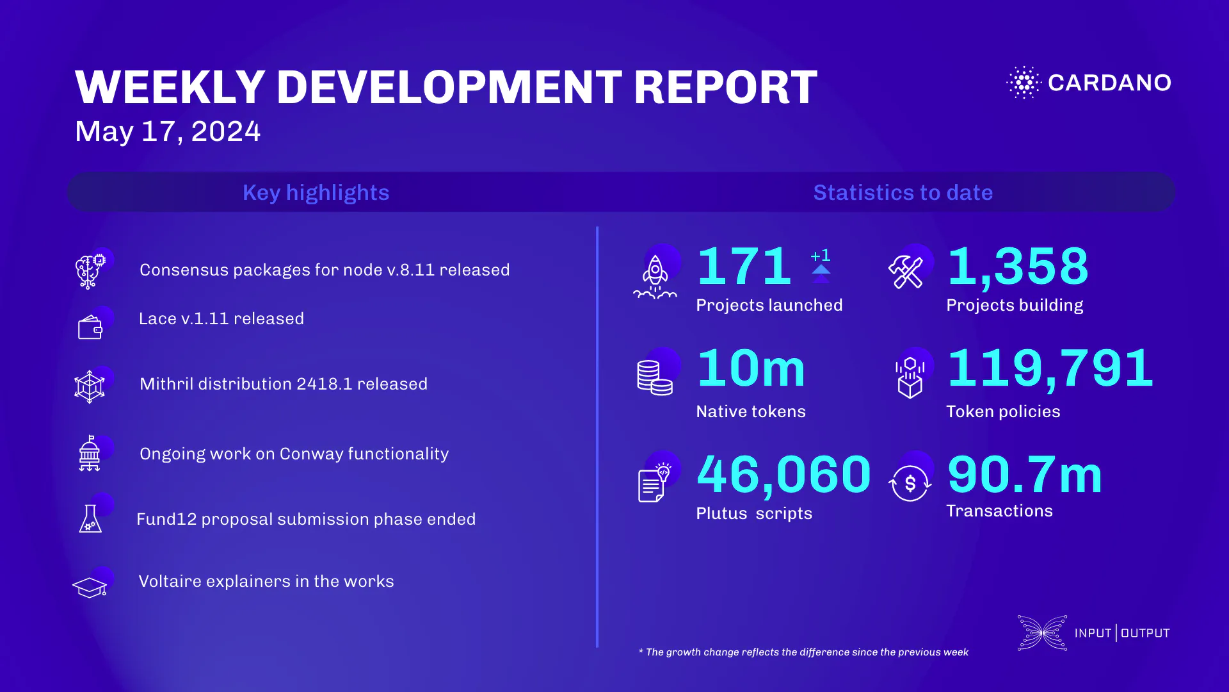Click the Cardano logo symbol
(x=1024, y=82)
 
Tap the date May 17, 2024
(x=168, y=131)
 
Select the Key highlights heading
(x=316, y=192)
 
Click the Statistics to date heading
(x=903, y=192)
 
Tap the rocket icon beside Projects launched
(x=655, y=277)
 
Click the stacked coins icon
(x=654, y=377)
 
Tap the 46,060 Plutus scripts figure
(x=783, y=475)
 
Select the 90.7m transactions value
(x=1024, y=475)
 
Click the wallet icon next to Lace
(x=90, y=328)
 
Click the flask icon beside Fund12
(x=90, y=519)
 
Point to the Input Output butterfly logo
(x=1042, y=633)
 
